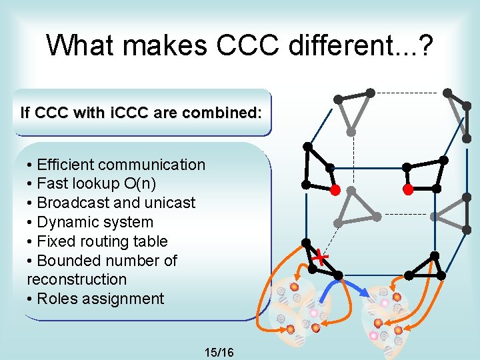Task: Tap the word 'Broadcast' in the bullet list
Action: pos(72,203)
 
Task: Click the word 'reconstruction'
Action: pos(77,279)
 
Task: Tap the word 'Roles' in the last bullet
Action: pos(55,299)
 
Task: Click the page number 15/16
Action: pos(219,351)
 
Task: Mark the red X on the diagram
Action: pos(321,257)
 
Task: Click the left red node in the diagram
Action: pos(336,190)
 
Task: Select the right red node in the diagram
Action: pos(408,189)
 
